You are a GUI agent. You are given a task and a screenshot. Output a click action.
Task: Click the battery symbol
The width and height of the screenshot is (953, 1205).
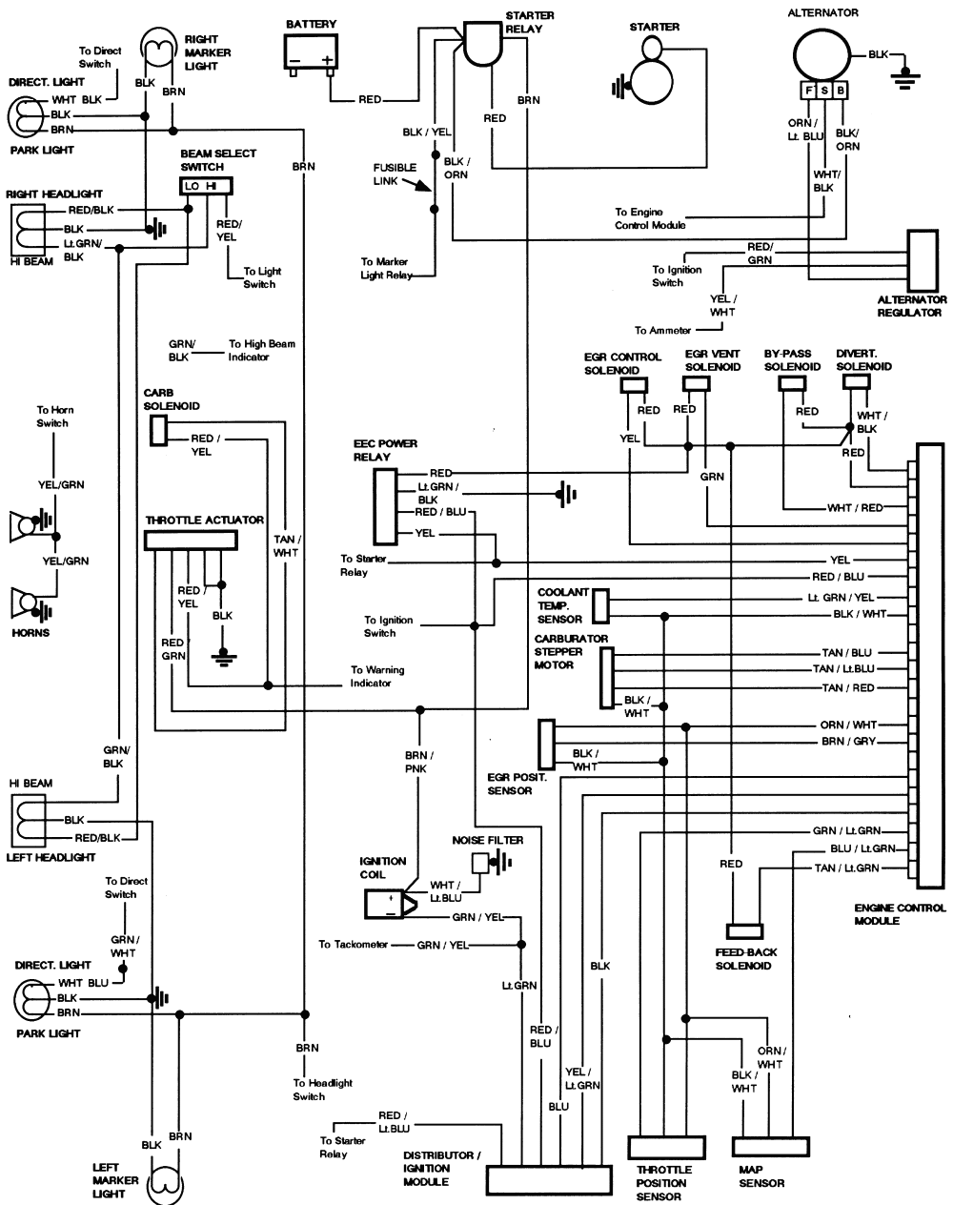pos(311,52)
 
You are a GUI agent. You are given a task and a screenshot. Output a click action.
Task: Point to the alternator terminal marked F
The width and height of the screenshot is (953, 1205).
pos(810,92)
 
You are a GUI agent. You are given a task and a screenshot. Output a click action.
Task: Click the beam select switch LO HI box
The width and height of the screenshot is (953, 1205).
pos(206,186)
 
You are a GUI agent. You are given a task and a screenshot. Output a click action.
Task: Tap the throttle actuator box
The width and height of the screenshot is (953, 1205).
pos(190,541)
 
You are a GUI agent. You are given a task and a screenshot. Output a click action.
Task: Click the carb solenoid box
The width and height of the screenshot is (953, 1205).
pos(158,431)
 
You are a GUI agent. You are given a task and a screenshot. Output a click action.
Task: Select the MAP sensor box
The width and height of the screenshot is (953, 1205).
pos(770,1146)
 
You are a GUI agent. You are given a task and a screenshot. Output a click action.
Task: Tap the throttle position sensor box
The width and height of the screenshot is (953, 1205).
pos(666,1146)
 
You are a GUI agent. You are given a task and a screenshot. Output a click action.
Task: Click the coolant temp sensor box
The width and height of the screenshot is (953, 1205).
pos(600,605)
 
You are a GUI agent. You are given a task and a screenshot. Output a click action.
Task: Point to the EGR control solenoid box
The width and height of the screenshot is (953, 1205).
pos(634,385)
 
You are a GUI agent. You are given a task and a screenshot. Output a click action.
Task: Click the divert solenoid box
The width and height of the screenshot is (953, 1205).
pos(856,381)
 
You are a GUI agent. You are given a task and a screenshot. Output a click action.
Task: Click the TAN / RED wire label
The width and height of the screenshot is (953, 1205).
pos(848,687)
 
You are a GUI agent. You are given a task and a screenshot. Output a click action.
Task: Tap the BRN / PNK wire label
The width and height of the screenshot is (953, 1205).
pos(416,761)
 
